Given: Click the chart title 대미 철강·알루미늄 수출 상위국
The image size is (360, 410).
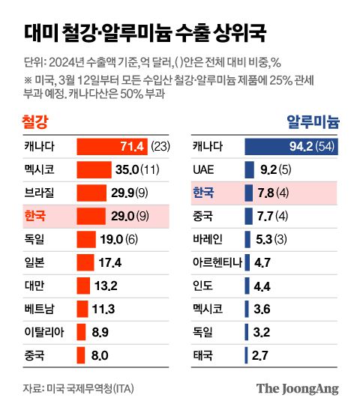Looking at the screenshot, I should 142,32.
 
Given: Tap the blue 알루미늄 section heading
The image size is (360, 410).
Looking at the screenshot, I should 314,121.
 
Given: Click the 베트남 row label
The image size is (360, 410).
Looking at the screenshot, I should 42,309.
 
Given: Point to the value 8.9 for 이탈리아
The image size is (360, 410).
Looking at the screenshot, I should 100,332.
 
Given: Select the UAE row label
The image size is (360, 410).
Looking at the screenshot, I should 205,169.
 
